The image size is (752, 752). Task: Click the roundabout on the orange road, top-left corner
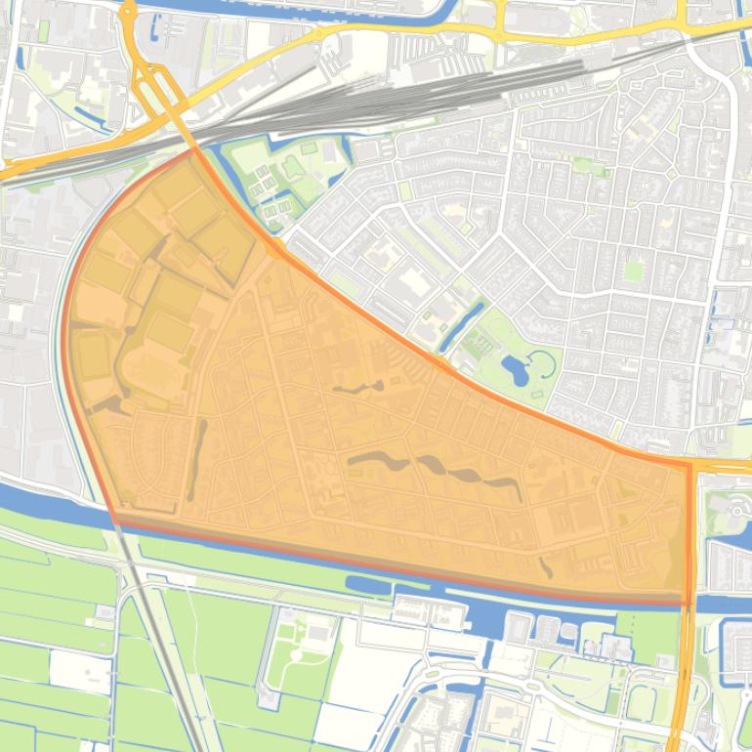click(x=127, y=12)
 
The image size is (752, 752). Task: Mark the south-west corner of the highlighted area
click(x=115, y=520)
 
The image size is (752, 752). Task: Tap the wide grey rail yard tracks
click(x=391, y=98)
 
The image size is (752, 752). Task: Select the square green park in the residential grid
click(x=634, y=270)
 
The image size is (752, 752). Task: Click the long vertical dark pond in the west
click(x=197, y=459)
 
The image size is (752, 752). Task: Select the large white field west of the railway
click(x=80, y=672)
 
